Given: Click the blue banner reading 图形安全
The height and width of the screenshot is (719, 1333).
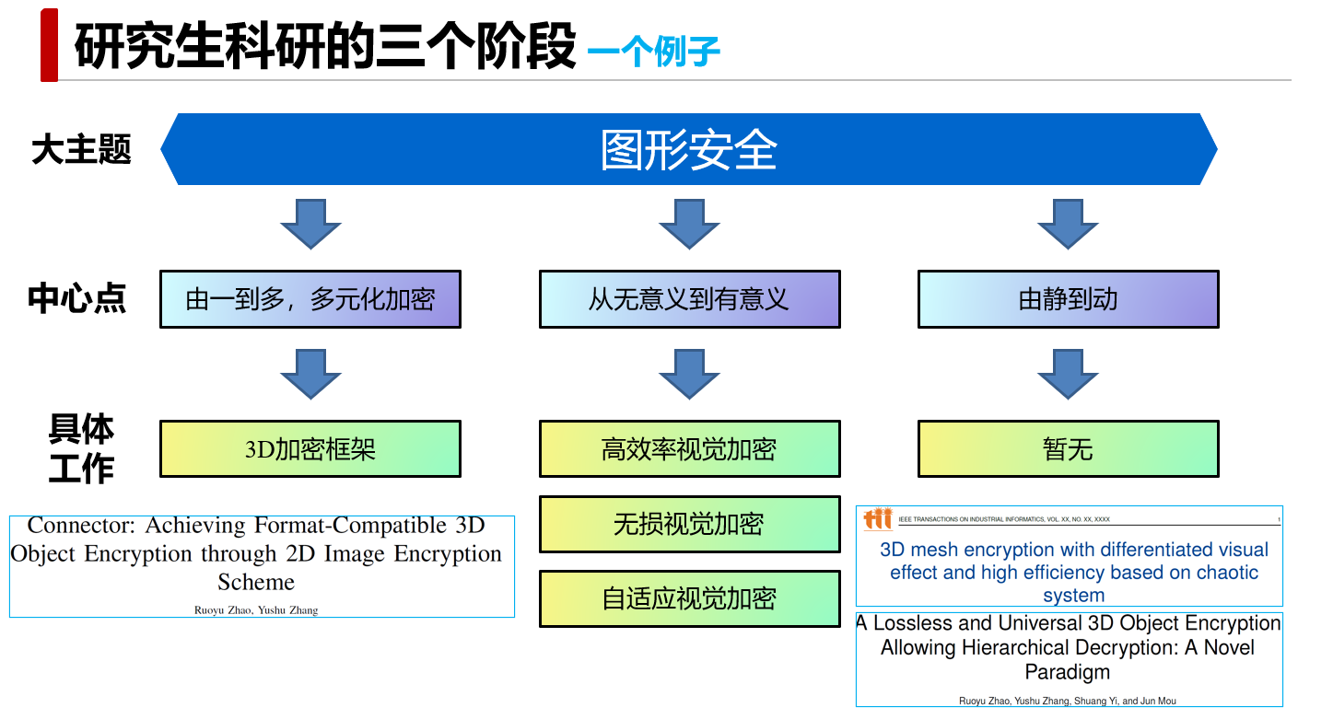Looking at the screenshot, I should [689, 149].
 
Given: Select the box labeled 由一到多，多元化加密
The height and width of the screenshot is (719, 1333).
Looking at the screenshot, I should [310, 299].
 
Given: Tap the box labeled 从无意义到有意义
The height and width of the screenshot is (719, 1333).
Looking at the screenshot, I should [689, 299].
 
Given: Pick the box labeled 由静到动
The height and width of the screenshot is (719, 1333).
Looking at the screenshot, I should [1068, 299].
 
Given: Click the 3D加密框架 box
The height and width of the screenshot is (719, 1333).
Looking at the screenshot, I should [310, 449].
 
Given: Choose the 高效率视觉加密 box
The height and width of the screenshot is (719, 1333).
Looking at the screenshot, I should [689, 449].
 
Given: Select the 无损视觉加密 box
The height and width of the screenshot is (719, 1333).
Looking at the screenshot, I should [689, 524].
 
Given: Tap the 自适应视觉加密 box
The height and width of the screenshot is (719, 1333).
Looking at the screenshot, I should [689, 598].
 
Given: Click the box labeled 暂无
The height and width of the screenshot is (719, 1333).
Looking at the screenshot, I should [1068, 449].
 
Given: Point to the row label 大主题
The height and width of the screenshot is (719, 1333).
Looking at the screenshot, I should [81, 149].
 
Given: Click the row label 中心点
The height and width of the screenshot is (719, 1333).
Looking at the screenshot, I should [76, 298].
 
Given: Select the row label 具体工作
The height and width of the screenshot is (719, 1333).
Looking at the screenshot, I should [81, 449].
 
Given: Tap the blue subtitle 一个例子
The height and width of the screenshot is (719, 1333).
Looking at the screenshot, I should [653, 52].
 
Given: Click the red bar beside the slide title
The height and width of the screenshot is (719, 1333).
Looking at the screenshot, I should [49, 45].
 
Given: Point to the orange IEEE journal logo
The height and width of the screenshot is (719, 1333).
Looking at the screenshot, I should [878, 519].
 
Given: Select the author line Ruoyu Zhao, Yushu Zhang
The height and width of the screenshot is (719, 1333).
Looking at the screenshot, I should [256, 609].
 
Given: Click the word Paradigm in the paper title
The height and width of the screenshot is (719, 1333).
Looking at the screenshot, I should [1068, 672].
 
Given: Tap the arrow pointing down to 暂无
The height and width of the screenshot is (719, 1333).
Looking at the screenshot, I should [1068, 373].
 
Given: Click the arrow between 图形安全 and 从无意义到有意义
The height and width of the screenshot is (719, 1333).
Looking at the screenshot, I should [689, 224].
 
